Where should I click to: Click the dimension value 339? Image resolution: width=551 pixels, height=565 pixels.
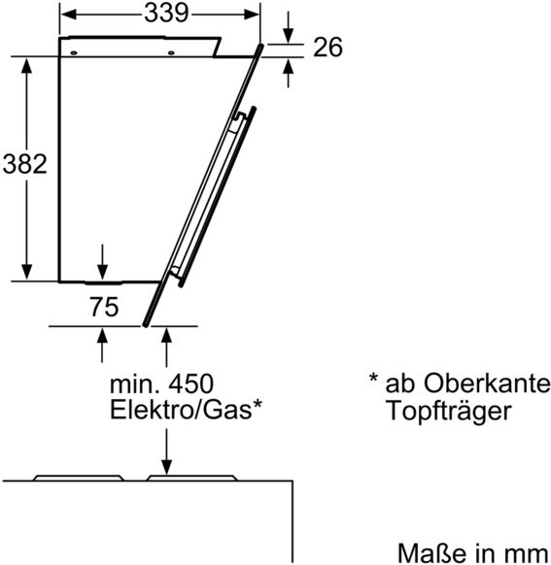click(166, 14)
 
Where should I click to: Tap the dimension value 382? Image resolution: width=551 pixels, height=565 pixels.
click(25, 164)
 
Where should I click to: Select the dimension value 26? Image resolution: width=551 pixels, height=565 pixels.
click(327, 48)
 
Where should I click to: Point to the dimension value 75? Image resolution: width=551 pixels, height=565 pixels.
click(104, 307)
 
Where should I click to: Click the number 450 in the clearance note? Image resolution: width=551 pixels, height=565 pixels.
click(191, 383)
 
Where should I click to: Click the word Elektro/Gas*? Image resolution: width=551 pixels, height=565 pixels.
click(186, 410)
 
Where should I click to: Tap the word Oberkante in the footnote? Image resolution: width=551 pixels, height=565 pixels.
click(487, 383)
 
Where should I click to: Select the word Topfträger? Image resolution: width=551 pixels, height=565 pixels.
click(449, 411)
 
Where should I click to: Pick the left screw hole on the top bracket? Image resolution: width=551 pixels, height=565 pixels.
click(74, 53)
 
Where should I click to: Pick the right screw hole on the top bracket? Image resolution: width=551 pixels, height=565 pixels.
click(171, 53)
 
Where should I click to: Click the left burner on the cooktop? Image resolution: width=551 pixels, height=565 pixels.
click(79, 478)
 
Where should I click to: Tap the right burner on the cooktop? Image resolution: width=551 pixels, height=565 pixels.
click(191, 478)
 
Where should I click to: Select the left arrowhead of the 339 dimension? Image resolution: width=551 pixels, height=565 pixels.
click(68, 15)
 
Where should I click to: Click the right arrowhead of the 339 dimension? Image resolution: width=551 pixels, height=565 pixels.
click(252, 15)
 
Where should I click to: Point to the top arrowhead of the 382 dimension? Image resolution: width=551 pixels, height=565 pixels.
click(26, 65)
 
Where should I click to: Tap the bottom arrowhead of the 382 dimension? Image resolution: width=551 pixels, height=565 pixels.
click(26, 272)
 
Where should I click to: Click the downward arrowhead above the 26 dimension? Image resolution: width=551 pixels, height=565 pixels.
click(288, 36)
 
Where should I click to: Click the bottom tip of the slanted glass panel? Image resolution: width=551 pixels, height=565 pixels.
click(145, 325)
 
